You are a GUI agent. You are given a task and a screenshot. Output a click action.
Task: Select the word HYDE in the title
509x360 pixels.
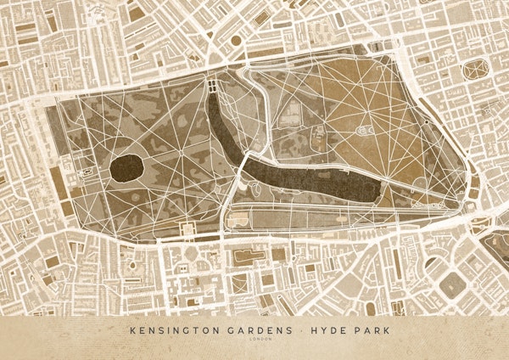[322, 329]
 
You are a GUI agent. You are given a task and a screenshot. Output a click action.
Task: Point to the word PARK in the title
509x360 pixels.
[363, 329]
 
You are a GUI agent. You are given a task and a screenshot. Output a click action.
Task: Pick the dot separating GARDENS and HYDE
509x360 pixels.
[297, 329]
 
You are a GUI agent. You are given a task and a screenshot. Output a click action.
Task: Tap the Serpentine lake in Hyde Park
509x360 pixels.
[305, 179]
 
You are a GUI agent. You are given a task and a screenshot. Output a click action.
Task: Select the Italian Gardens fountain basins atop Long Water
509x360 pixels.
[210, 86]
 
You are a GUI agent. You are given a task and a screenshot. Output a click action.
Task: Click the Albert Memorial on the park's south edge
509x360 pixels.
[186, 229]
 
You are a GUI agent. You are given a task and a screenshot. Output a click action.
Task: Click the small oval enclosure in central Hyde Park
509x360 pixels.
[366, 131]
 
